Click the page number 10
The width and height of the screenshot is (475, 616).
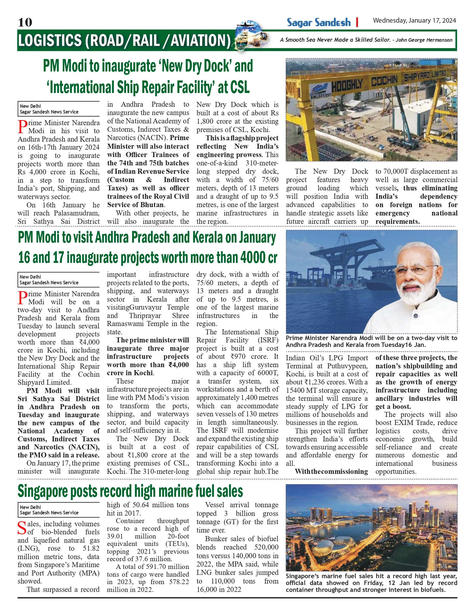click(25, 22)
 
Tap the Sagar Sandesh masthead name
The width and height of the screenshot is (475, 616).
click(319, 23)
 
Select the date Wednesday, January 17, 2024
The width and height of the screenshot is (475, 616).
click(414, 21)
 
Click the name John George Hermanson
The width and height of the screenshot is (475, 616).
click(424, 40)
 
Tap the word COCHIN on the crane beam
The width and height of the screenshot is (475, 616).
click(384, 80)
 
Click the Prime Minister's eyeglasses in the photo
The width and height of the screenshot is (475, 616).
click(415, 272)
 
